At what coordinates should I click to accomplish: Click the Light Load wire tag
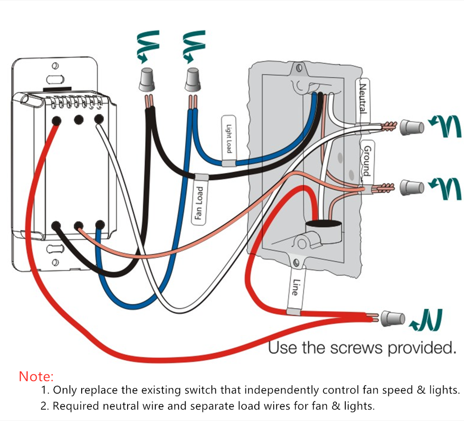(228, 139)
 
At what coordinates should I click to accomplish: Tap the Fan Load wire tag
(199, 202)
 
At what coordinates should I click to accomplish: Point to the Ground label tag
(366, 161)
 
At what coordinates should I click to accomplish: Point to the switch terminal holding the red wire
(56, 120)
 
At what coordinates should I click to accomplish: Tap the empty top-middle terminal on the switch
(78, 120)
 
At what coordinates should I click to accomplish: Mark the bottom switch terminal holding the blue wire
(99, 226)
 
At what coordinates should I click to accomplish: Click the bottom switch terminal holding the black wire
(57, 226)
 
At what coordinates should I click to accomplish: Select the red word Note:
(37, 376)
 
